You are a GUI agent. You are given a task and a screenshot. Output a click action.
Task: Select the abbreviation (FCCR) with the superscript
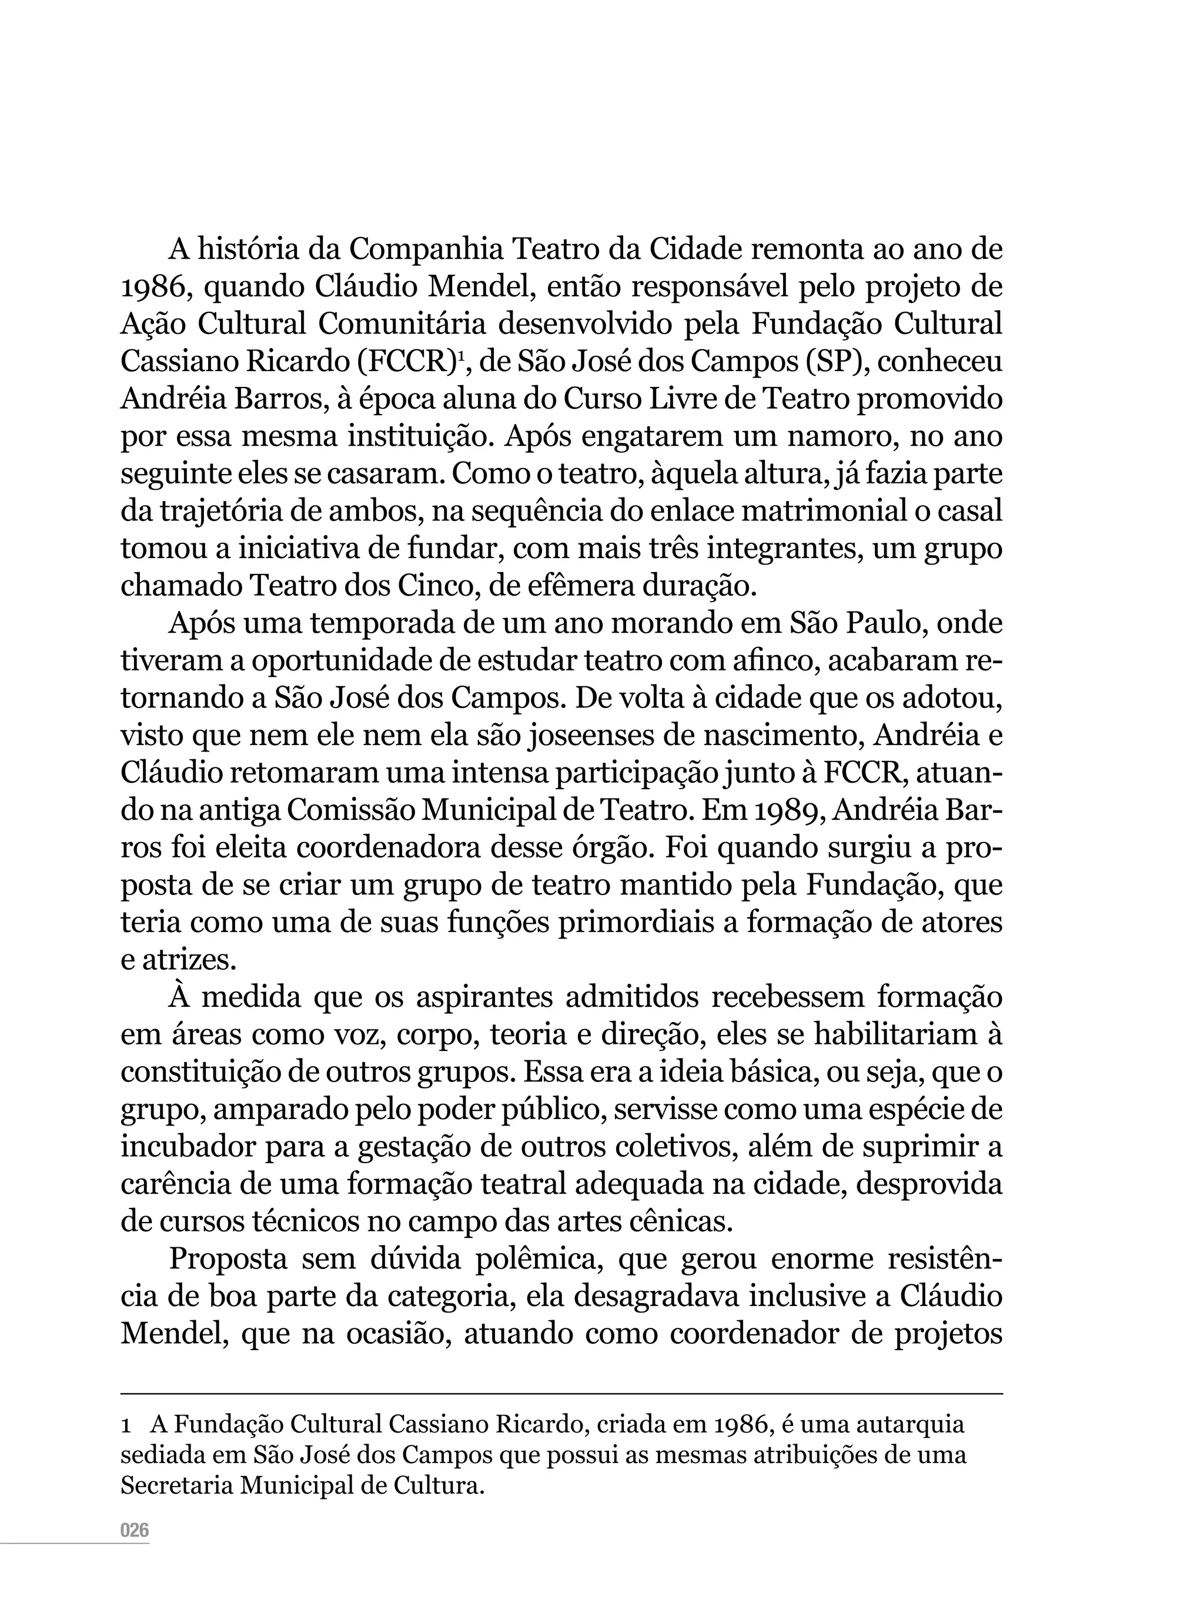coord(412,362)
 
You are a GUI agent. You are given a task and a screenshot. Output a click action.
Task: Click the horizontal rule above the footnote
coord(561,1393)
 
